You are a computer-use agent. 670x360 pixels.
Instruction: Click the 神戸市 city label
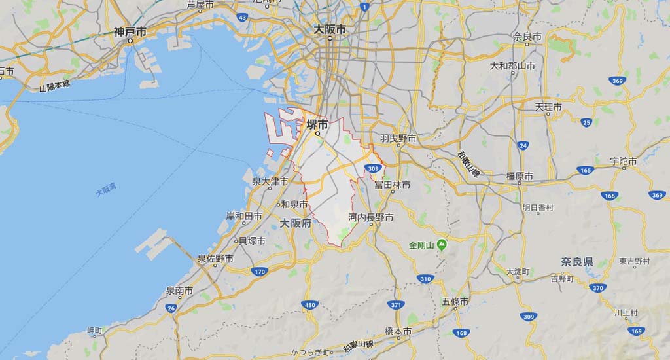130,31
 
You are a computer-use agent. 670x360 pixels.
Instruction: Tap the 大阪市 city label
330,29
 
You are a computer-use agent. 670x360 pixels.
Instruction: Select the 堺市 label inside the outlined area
317,125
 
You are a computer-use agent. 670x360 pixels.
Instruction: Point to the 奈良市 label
527,36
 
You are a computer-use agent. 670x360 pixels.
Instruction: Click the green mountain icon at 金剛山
442,245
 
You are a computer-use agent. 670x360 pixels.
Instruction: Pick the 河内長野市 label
371,217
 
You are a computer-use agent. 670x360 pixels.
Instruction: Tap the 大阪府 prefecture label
294,223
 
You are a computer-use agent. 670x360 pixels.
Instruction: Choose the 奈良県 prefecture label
576,261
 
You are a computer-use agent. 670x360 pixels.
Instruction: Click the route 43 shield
243,18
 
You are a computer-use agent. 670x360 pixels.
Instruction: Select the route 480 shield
309,306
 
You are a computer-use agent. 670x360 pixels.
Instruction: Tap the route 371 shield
395,306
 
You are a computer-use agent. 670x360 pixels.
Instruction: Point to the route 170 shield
260,272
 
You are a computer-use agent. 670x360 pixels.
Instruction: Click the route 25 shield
586,122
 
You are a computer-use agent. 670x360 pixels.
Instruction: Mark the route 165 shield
584,171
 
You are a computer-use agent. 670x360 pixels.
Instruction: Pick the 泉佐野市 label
215,259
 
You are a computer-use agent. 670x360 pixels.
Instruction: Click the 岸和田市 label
243,216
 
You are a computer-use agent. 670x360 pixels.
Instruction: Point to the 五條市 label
455,302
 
